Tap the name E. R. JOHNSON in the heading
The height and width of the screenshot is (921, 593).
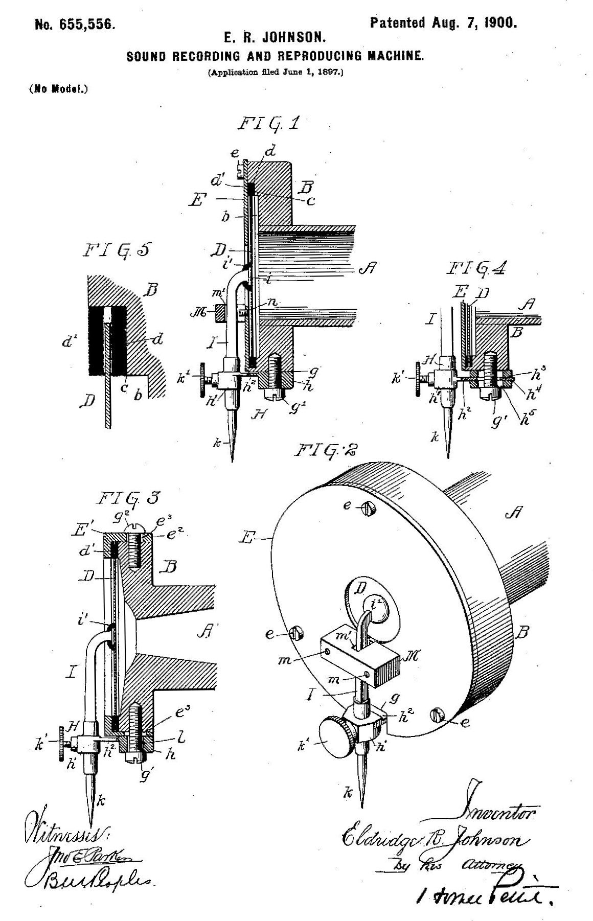coord(275,38)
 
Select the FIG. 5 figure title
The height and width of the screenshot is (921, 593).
coord(116,250)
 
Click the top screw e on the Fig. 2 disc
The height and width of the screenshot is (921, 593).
coord(366,508)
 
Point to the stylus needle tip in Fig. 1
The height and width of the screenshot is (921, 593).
coord(233,459)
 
